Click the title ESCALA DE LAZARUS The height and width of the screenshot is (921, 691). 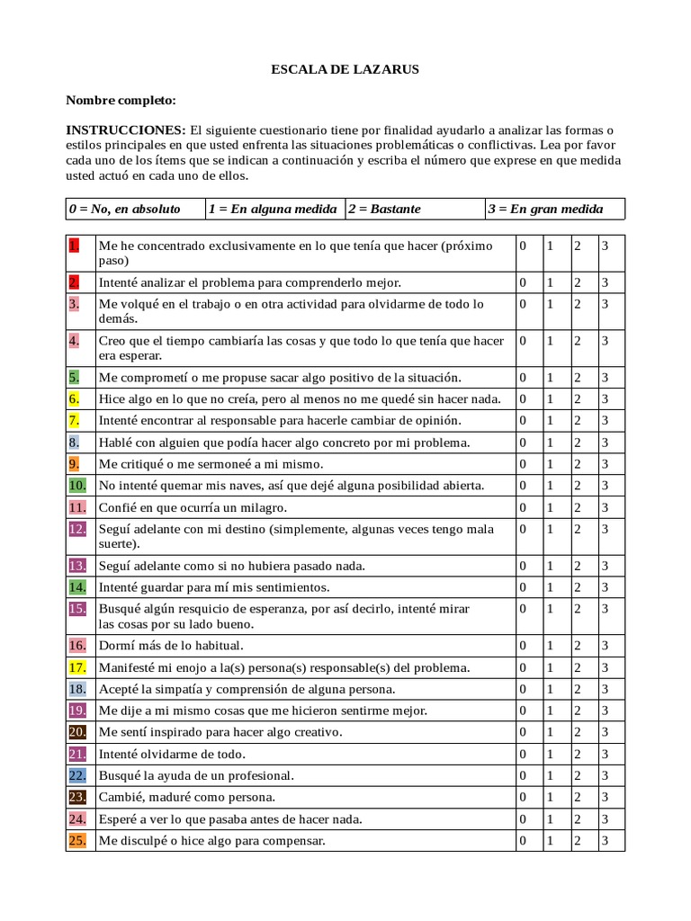tap(345, 68)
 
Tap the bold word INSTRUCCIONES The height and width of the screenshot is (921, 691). tap(125, 130)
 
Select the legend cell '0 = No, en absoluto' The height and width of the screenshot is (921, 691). tap(124, 209)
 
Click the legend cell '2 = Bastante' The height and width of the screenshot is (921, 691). tap(384, 209)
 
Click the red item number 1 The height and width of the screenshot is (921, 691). tap(74, 245)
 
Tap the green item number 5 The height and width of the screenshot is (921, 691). tap(74, 377)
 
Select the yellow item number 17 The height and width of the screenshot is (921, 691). tap(76, 667)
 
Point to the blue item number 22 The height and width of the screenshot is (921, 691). tap(76, 775)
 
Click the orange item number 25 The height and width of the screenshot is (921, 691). tap(76, 840)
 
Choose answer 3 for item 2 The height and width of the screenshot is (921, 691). tap(606, 282)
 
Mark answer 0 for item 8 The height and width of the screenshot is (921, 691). tap(522, 443)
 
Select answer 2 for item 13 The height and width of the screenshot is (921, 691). tap(579, 566)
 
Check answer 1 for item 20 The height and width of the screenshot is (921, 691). tap(550, 732)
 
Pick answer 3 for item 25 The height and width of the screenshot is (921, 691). tap(606, 840)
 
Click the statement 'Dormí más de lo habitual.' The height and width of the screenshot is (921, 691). tap(171, 646)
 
